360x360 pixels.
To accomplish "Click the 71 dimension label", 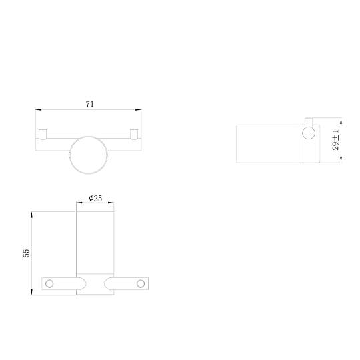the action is (90, 104).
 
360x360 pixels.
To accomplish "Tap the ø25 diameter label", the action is (95, 198).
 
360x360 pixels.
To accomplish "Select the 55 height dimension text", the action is (26, 253).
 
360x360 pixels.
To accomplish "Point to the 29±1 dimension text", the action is (335, 140).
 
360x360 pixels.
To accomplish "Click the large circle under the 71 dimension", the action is (89, 155).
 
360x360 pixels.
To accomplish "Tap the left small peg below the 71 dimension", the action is (43, 134).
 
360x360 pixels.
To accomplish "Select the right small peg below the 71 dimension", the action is (134, 134).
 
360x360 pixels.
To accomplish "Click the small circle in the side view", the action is (309, 133).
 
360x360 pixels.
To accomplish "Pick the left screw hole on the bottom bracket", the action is (49, 284).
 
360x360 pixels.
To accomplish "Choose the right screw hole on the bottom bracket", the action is (141, 284).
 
